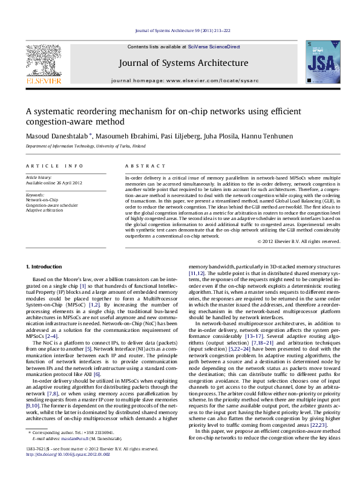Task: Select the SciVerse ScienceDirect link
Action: click(x=214, y=47)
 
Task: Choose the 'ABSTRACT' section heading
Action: click(x=141, y=165)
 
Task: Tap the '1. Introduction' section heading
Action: click(x=45, y=267)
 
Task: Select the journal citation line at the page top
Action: click(x=182, y=30)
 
